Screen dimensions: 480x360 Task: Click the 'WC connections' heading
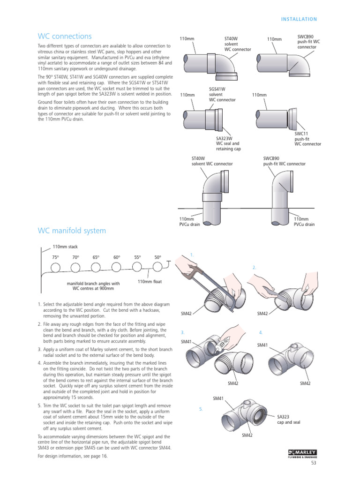tap(65, 37)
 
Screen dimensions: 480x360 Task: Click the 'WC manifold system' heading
tap(71, 231)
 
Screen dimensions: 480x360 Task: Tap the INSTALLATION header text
tap(299, 19)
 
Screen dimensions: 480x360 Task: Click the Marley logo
tap(302, 453)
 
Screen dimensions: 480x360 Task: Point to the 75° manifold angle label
tap(56, 257)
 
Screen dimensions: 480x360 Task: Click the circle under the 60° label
tap(116, 267)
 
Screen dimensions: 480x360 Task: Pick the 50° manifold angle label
tap(157, 257)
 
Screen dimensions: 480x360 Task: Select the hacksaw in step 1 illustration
tap(206, 281)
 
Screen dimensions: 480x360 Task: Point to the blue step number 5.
tap(201, 409)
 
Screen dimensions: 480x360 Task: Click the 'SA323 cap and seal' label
tap(289, 419)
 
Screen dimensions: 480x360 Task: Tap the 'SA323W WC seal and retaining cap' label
tap(228, 143)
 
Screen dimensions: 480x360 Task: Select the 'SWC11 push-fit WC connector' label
tap(307, 139)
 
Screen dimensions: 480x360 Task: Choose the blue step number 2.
tap(254, 267)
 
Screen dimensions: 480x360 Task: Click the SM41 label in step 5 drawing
tap(218, 398)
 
